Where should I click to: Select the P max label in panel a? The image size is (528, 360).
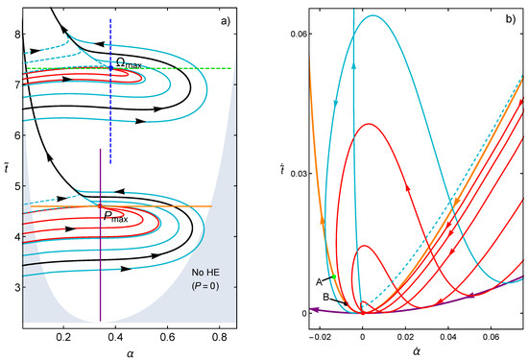(115, 218)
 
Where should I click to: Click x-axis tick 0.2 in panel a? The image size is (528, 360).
(63, 338)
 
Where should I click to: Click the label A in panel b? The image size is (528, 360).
(318, 281)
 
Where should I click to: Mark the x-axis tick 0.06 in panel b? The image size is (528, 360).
(492, 338)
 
